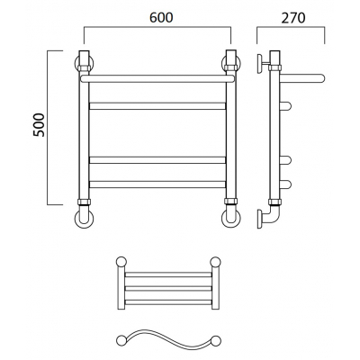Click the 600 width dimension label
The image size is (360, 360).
click(161, 18)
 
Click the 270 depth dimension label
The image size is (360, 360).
click(293, 18)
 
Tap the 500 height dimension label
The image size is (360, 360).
click(39, 125)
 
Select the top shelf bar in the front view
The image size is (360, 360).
click(157, 78)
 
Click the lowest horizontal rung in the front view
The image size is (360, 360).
click(157, 184)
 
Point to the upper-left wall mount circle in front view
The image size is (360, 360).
click(84, 63)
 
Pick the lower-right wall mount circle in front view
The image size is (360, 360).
click(231, 218)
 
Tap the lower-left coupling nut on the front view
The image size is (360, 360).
click(84, 202)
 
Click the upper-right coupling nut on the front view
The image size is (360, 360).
click(231, 67)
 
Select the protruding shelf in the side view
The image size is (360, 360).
click(303, 78)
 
